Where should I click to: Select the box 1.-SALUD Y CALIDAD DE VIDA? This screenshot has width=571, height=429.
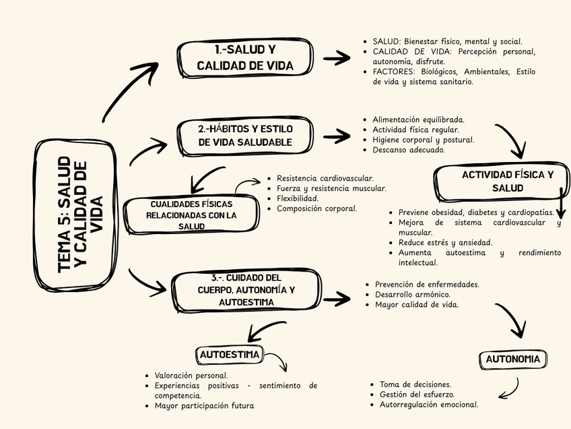tap(245, 58)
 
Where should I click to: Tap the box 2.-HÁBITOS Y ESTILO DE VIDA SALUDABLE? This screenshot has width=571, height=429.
tap(245, 135)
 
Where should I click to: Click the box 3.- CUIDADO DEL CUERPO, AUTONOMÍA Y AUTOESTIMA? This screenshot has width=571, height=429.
tap(245, 290)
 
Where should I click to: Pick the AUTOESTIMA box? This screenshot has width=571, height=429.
tap(230, 355)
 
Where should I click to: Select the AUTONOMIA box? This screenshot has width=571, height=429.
tap(512, 359)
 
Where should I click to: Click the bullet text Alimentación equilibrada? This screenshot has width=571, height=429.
tap(418, 119)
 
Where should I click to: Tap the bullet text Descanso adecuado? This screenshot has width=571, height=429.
tap(408, 150)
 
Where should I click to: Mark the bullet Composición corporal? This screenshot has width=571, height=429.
tap(316, 208)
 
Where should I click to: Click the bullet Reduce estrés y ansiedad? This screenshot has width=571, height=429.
tap(445, 242)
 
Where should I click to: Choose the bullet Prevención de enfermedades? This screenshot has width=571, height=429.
tap(427, 284)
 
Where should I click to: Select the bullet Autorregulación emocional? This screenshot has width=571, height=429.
tap(429, 405)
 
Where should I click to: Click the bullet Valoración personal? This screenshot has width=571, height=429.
tap(191, 375)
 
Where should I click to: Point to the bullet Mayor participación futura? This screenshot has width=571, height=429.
tap(204, 406)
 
